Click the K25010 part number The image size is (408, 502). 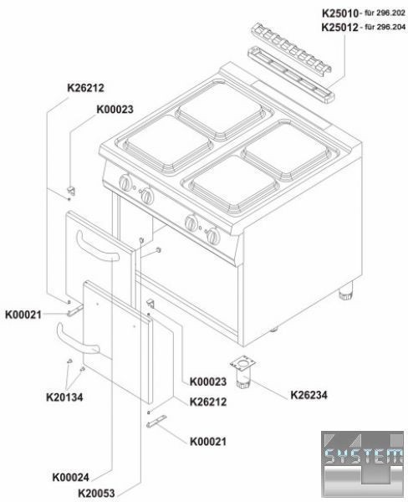click(x=340, y=13)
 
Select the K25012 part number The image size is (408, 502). click(x=339, y=28)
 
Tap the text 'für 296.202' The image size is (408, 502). click(x=385, y=13)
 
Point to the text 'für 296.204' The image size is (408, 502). click(x=385, y=27)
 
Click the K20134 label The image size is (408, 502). click(x=64, y=397)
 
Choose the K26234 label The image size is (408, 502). click(x=309, y=395)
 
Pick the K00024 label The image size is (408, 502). click(x=71, y=478)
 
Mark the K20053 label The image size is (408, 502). click(x=96, y=493)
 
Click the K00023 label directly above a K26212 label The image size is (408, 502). click(x=208, y=382)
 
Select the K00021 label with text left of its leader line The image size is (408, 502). click(x=23, y=315)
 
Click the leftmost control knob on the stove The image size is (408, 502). click(x=125, y=182)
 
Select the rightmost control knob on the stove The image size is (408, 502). click(x=213, y=236)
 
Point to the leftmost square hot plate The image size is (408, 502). click(x=168, y=143)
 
